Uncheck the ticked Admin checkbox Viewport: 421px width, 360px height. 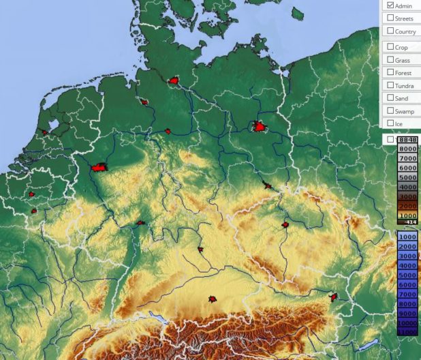(390, 5)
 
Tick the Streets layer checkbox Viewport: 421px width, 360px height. (390, 18)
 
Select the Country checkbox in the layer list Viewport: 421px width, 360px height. (390, 31)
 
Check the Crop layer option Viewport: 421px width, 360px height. (390, 47)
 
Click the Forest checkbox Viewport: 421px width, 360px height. (390, 73)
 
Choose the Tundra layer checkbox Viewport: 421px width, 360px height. (390, 85)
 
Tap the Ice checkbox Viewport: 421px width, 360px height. (390, 123)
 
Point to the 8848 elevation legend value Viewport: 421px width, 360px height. (407, 139)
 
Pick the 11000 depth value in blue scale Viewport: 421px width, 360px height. (407, 331)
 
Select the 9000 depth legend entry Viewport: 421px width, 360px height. (407, 312)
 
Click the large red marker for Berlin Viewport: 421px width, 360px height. (260, 127)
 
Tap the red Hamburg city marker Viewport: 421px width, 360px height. (174, 81)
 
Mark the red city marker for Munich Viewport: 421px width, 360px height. (213, 299)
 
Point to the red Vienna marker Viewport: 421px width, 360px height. (334, 297)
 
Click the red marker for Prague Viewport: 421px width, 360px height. (285, 224)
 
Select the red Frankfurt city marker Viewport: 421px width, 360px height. (140, 222)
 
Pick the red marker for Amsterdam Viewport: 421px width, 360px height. (45, 132)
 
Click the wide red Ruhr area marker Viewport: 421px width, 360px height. (99, 166)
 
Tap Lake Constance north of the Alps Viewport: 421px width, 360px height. (157, 318)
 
